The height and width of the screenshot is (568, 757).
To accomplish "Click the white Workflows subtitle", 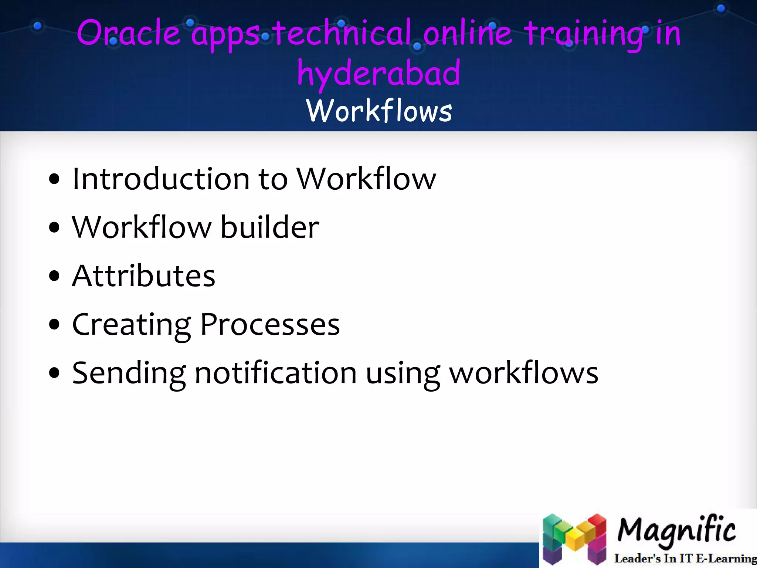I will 379,111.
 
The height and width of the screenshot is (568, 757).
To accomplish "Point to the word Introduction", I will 161,179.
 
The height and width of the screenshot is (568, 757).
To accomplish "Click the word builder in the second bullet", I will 269,227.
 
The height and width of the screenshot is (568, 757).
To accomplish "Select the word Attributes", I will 143,276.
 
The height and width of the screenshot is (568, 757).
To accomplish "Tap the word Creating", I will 132,325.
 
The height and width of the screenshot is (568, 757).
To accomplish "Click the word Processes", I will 270,325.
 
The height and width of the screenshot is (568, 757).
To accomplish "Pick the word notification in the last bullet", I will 275,373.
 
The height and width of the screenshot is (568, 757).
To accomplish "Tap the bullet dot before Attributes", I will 54,276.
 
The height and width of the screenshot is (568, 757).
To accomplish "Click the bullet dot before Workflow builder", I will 54,228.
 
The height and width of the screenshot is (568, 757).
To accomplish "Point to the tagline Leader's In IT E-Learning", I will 685,558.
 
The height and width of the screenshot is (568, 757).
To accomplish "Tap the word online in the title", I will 467,33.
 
